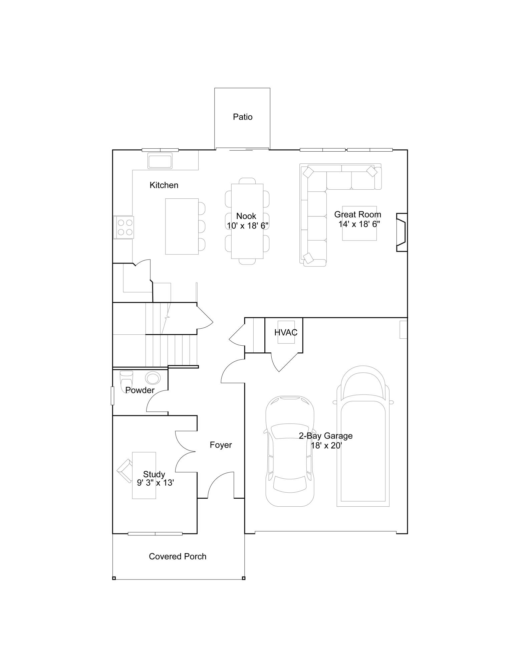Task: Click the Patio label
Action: point(243,117)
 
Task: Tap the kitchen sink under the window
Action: point(160,161)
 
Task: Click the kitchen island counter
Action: point(182,226)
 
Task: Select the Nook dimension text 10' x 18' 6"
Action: point(248,226)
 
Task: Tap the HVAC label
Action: point(286,332)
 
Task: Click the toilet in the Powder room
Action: point(126,379)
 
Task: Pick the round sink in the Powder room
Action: point(153,378)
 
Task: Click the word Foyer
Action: point(221,445)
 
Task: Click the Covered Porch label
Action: point(178,556)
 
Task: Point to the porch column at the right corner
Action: point(243,578)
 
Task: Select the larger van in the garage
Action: point(363,438)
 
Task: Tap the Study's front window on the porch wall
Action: point(155,534)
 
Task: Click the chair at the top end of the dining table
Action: point(247,181)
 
